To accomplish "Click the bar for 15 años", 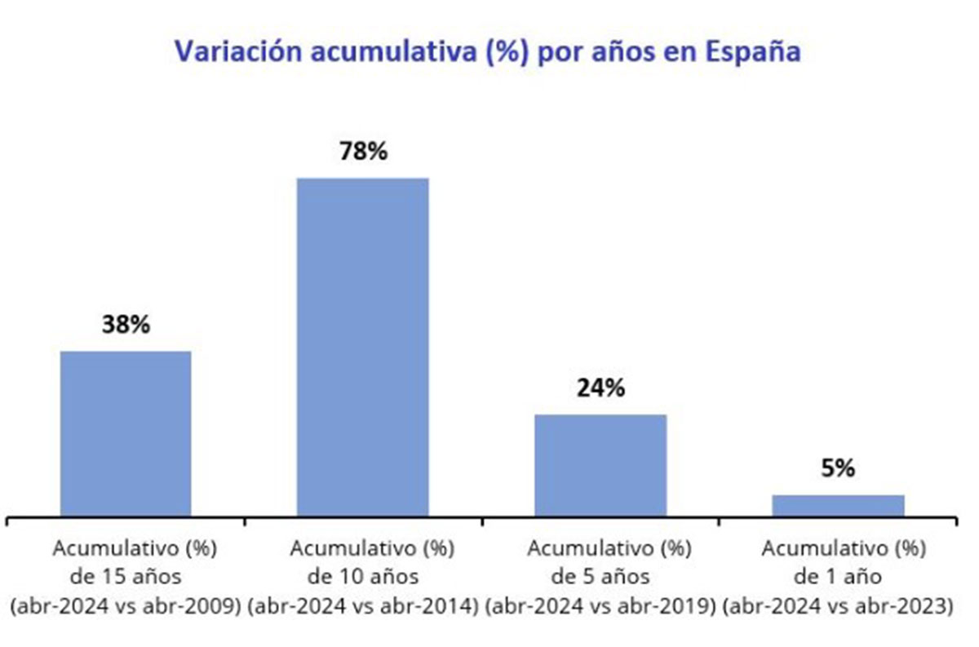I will (x=126, y=433).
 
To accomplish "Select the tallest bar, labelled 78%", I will (x=362, y=347).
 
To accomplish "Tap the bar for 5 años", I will (x=600, y=465).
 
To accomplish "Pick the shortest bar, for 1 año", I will (x=838, y=505).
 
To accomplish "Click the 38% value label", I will (x=126, y=325).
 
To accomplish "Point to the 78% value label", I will (x=362, y=152).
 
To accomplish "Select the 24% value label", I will (x=600, y=388).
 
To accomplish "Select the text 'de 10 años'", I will (x=362, y=576).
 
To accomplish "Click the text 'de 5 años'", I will (x=600, y=576).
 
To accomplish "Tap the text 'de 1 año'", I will (x=838, y=576).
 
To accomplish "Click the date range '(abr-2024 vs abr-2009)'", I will (x=126, y=607).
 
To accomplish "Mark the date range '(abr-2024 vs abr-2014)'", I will (x=362, y=607).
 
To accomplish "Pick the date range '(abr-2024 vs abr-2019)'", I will (x=600, y=607).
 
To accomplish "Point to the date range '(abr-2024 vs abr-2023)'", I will (x=838, y=607).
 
